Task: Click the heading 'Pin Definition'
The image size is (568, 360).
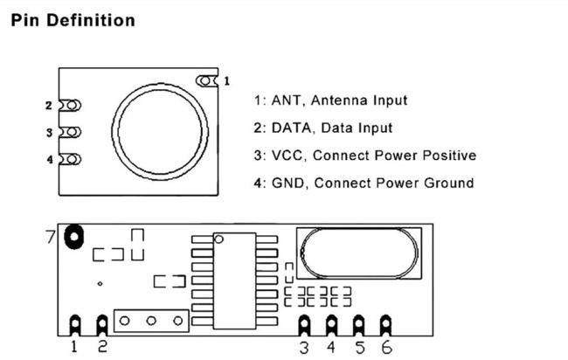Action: (x=73, y=19)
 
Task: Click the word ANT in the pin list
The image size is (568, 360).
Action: (x=286, y=100)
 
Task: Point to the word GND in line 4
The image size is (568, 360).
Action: (x=289, y=183)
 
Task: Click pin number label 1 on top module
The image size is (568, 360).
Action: (x=227, y=80)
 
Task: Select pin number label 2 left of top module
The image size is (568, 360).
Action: (x=49, y=106)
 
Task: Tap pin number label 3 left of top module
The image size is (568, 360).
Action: (x=49, y=133)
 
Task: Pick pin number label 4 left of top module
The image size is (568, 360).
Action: (x=49, y=160)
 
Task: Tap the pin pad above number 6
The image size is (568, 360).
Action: (x=385, y=324)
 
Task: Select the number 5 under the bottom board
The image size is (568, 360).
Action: (x=358, y=348)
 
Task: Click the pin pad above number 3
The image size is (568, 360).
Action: (x=304, y=324)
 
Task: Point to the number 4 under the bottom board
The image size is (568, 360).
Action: (x=331, y=348)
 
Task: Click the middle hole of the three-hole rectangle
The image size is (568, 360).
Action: (x=151, y=321)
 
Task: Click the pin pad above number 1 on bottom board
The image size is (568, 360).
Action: (x=75, y=324)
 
